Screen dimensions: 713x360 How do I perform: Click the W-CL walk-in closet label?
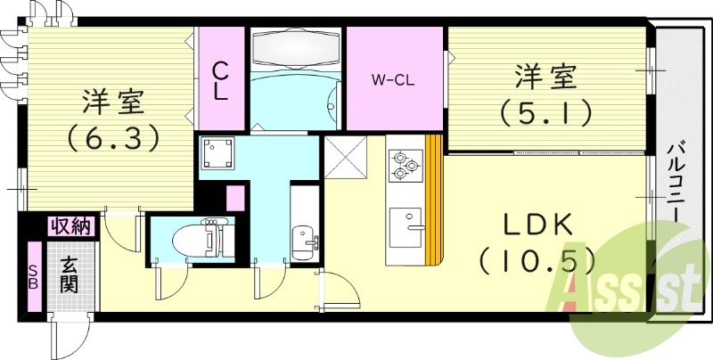point(393,81)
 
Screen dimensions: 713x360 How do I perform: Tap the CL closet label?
point(220,82)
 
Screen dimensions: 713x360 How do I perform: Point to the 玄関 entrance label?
point(70,274)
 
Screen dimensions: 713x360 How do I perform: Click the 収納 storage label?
point(72,225)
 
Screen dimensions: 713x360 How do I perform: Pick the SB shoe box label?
point(34,276)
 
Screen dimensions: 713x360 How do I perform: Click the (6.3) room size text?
point(113,138)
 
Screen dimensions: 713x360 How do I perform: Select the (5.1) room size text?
point(546,113)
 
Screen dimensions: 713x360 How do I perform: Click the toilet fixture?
point(198,236)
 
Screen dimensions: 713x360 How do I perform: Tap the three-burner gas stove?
point(406,166)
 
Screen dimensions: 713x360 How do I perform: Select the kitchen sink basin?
point(406,227)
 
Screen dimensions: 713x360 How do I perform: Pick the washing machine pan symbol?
point(217,152)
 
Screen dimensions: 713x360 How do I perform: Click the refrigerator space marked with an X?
point(346,158)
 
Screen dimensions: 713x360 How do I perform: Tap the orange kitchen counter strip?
point(434,199)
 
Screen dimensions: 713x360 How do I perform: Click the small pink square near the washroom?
point(235,198)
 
